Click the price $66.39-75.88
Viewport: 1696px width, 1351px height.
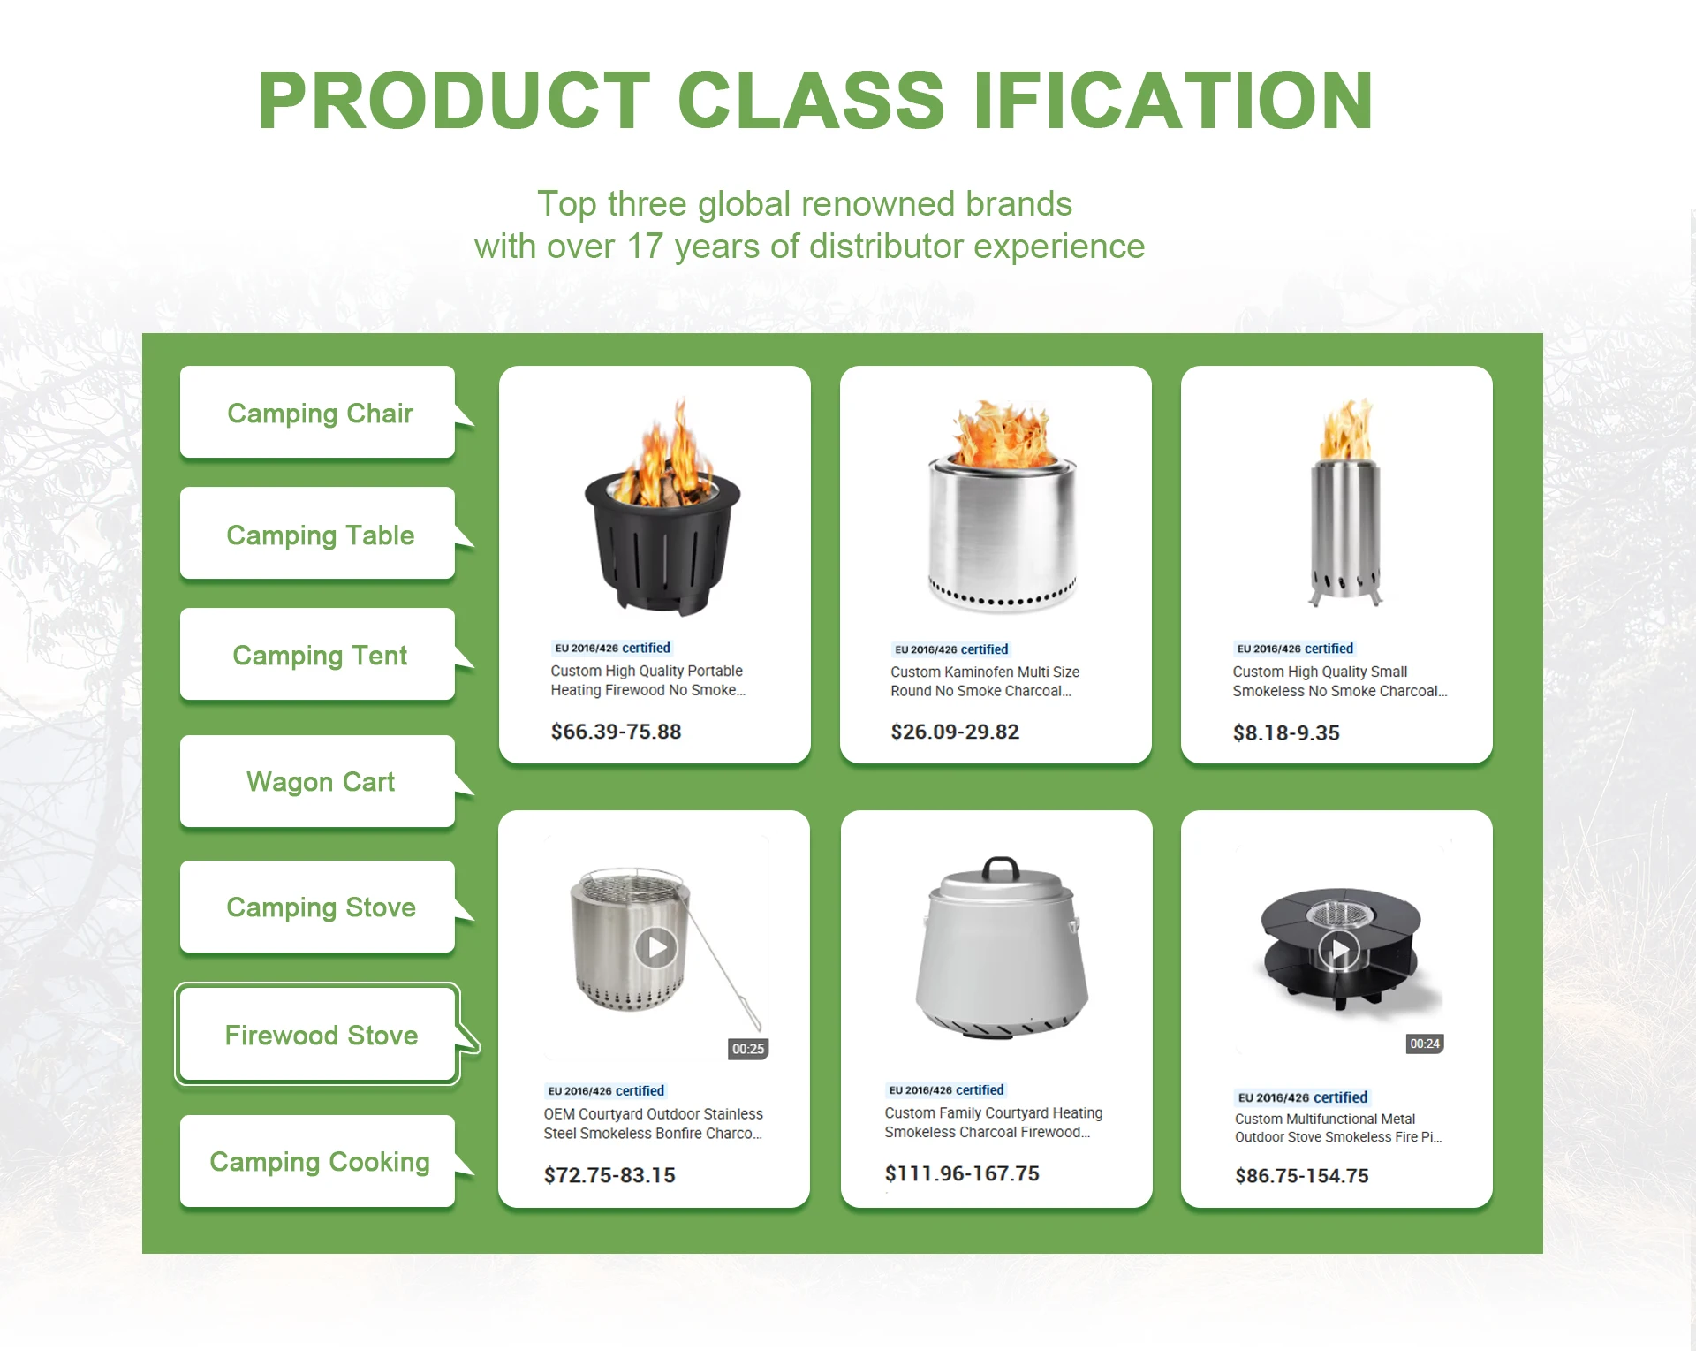616,732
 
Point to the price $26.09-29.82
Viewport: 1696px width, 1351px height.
955,732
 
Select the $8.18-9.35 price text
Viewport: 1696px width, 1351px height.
1286,732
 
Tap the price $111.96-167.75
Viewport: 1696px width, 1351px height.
962,1173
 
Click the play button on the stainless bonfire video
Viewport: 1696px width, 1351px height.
656,948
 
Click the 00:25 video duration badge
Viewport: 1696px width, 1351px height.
748,1049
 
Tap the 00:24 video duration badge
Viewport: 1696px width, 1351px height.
1425,1044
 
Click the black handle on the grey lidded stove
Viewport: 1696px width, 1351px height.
1001,866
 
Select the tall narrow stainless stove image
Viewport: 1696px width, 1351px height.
1345,501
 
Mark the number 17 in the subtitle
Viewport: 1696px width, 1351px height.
645,247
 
